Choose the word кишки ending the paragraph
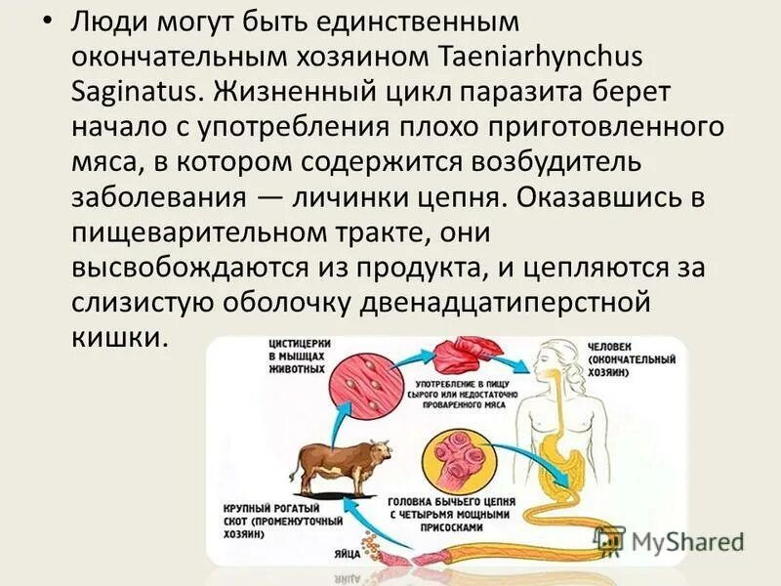click(121, 337)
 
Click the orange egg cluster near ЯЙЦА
click(370, 542)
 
